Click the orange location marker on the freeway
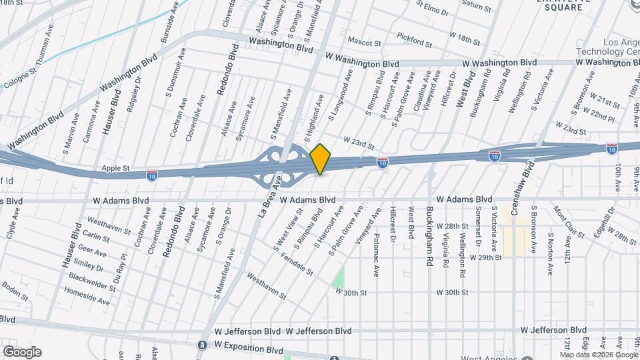[321, 159]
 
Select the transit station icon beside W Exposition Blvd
[202, 345]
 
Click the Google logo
[22, 352]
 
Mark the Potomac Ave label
[376, 250]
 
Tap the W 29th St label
[485, 257]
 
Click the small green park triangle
[339, 277]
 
